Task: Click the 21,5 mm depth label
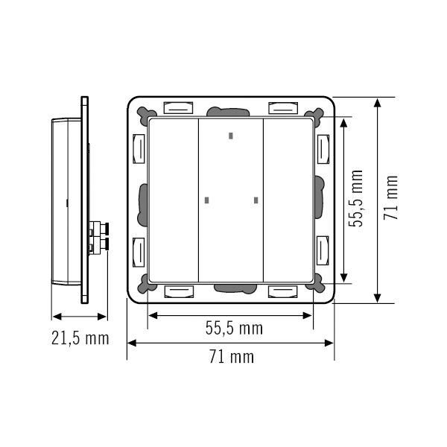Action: point(80,339)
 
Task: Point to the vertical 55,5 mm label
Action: point(358,198)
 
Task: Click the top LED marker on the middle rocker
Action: point(231,136)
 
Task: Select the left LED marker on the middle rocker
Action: point(206,200)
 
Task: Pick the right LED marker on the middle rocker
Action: point(256,200)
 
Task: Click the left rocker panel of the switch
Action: point(174,200)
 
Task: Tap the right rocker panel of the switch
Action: point(288,200)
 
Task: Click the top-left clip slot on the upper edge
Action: point(177,107)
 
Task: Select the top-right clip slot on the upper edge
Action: point(284,107)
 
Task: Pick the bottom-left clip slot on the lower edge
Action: point(177,291)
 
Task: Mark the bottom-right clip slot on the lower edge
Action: point(284,291)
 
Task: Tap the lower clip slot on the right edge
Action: point(323,250)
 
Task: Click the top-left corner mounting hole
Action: point(142,112)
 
